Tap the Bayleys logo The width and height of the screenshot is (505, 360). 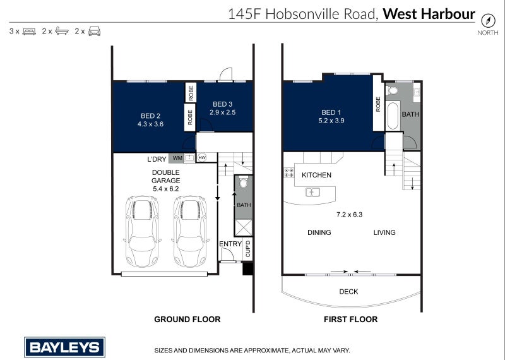coord(64,347)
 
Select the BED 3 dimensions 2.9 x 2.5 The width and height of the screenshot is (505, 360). coord(223,113)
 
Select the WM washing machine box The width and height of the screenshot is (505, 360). coord(177,158)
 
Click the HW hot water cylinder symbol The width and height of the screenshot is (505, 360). coord(203,157)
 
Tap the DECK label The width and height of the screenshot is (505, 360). coord(349,291)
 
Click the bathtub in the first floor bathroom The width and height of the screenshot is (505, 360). coord(391,115)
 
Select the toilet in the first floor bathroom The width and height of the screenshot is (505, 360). coord(391,91)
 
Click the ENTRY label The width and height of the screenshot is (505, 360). coord(229,244)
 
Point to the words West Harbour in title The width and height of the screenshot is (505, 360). coord(429,13)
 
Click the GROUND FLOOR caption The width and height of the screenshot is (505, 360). coord(187,320)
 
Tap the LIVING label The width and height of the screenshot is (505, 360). coord(384,232)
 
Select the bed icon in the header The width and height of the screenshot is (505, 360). coord(29,31)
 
